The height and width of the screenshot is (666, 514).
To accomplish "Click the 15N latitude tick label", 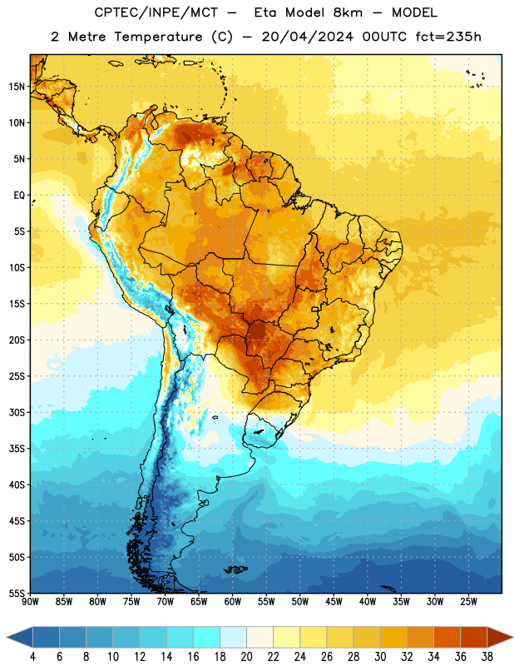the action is point(17,87).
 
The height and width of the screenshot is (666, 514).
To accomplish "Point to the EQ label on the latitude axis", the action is point(19,196).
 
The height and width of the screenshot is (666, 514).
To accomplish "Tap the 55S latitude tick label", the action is point(17,593).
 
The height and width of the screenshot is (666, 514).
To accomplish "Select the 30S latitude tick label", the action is point(17,412).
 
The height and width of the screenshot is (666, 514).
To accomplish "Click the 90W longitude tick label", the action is point(30,602).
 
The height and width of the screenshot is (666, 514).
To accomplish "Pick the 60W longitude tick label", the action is point(233,602).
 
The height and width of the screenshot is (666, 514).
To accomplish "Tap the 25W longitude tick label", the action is point(468,602).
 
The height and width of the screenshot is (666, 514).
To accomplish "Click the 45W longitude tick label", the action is point(334,602).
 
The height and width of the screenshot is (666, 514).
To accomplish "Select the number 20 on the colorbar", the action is point(246,657).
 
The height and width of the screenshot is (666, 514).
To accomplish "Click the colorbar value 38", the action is point(487,657).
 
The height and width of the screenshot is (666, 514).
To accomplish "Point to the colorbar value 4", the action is point(32,657).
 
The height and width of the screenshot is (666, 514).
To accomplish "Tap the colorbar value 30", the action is point(380,657).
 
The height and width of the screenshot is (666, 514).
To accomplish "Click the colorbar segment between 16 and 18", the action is point(206,637).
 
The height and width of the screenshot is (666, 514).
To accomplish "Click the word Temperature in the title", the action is point(158,37).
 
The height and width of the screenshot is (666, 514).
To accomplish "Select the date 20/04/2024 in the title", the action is point(307,37).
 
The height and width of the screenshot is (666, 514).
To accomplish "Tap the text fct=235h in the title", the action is point(448,37).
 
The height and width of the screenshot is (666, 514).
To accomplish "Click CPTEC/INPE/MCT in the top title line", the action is point(156,12).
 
